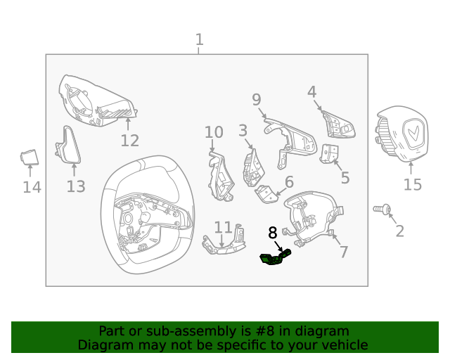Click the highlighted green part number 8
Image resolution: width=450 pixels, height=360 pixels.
(x=275, y=257)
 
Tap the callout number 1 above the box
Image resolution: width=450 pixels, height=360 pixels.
(x=200, y=39)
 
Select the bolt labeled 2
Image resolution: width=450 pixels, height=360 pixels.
(x=382, y=209)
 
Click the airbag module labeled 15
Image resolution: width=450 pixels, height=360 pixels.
(x=401, y=134)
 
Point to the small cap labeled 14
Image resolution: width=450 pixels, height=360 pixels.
(x=30, y=157)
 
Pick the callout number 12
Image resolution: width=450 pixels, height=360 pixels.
(x=129, y=141)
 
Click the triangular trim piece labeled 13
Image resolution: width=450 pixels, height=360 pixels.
(x=68, y=145)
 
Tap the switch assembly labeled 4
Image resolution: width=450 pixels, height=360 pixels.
(x=339, y=125)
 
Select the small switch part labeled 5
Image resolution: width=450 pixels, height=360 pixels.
(x=329, y=154)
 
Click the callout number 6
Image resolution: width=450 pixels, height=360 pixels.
(x=289, y=181)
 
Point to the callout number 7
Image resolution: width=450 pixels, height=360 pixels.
(x=344, y=252)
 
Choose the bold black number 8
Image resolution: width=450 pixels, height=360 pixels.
(x=273, y=233)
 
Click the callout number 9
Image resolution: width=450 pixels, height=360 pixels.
(x=257, y=100)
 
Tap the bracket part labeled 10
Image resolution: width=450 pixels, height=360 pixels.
(x=221, y=177)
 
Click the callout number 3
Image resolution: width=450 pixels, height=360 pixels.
(x=243, y=130)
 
